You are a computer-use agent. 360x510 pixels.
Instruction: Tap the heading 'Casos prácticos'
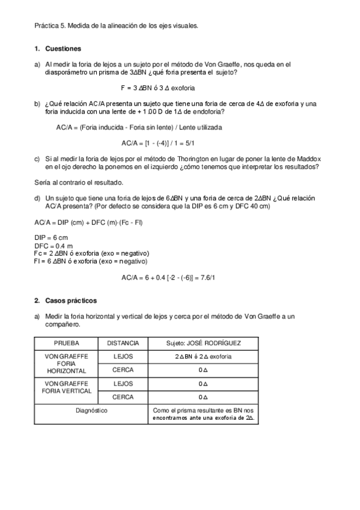(71, 300)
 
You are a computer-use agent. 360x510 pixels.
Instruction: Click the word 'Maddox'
(307, 159)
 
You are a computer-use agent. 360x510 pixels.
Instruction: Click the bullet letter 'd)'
(38, 198)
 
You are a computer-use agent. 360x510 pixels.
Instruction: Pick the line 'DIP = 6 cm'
(51, 238)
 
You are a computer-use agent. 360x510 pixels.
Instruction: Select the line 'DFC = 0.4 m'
(53, 246)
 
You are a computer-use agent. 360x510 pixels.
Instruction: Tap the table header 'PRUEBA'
(66, 343)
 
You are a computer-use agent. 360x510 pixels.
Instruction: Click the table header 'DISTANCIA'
(123, 343)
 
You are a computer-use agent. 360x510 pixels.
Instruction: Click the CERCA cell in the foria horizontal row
(123, 370)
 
